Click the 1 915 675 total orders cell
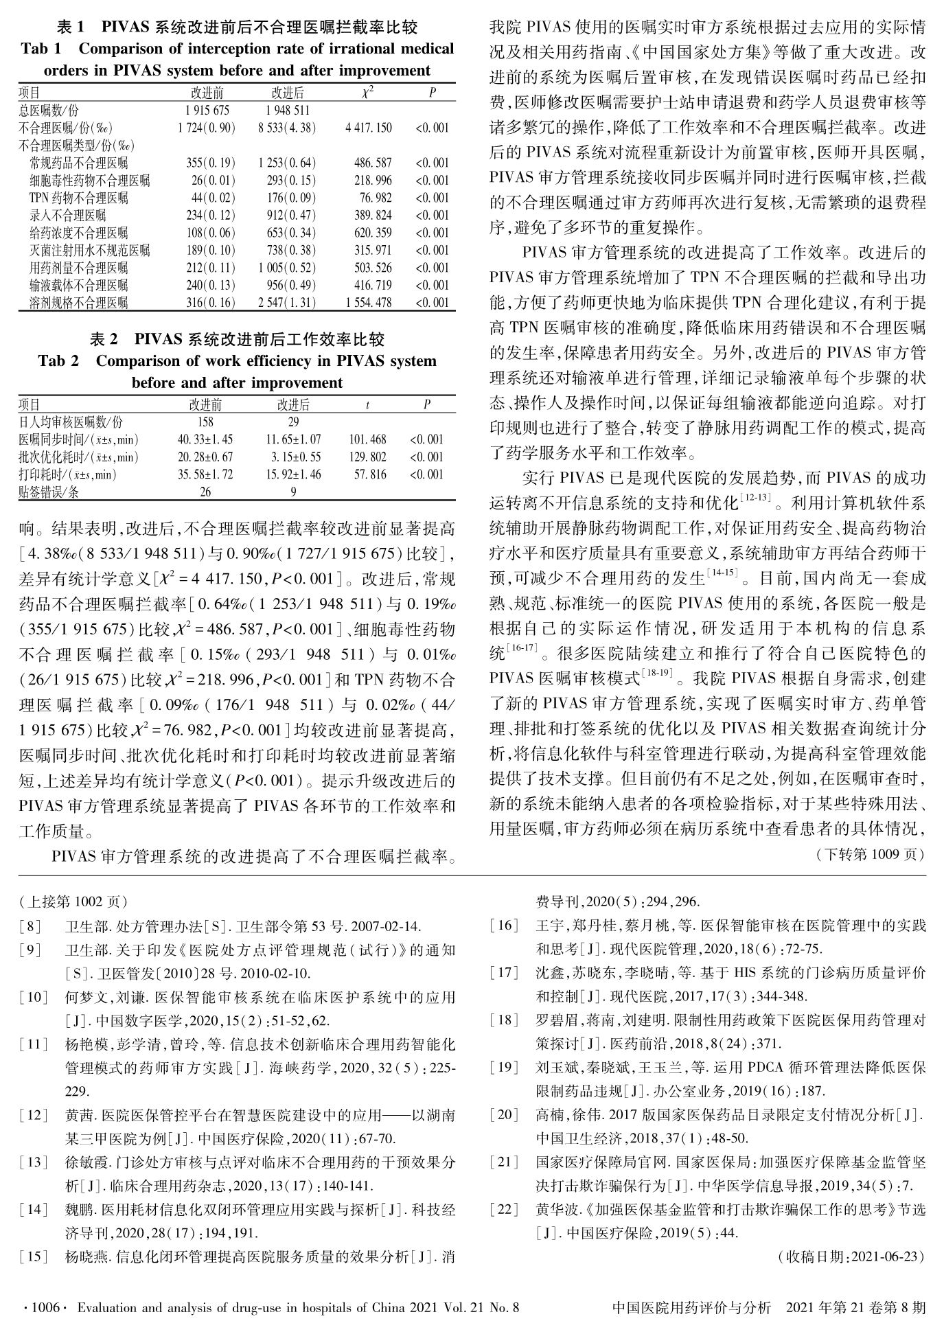207,110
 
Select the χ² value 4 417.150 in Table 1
369,128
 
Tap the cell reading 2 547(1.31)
287,303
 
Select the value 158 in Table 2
205,422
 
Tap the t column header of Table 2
368,405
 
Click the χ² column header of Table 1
368,93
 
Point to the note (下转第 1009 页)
871,855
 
